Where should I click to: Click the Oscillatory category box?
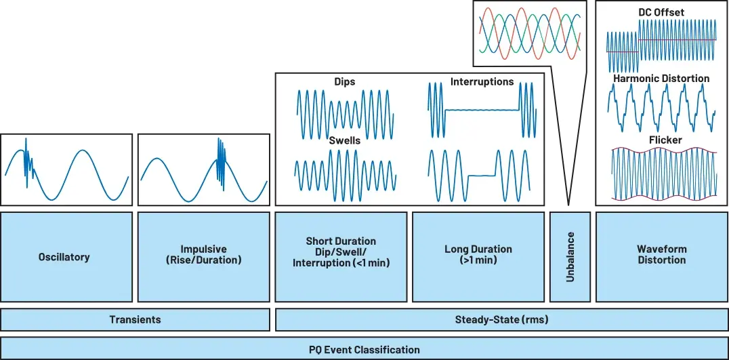tap(66, 257)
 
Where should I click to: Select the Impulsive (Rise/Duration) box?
tap(204, 257)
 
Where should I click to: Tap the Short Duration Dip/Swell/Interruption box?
tap(341, 257)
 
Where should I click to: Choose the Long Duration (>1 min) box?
tap(478, 257)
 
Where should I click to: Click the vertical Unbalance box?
tap(570, 257)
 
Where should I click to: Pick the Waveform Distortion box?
tap(662, 257)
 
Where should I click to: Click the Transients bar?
tap(135, 319)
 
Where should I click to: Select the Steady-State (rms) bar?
tap(502, 319)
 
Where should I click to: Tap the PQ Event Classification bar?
tap(364, 349)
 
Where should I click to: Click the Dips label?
tap(344, 82)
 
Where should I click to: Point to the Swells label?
tap(344, 140)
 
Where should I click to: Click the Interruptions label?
tap(482, 82)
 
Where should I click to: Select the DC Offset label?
tap(661, 13)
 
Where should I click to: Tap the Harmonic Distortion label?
tap(661, 78)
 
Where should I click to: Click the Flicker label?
tap(661, 140)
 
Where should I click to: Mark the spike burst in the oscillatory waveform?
tap(28, 163)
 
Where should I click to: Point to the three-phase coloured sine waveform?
tap(530, 31)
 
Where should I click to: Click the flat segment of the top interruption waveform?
tap(482, 110)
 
